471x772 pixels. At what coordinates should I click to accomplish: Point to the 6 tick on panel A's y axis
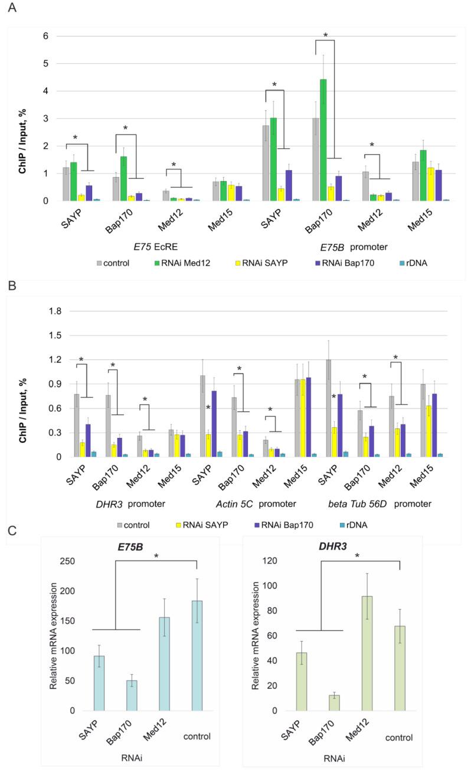tap(45, 36)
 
